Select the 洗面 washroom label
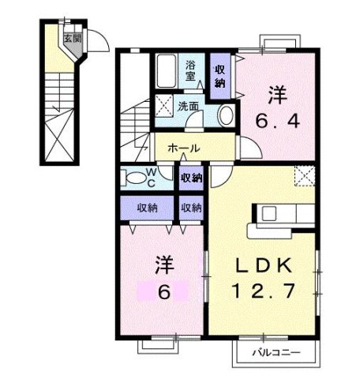(x=187, y=107)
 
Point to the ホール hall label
(x=183, y=148)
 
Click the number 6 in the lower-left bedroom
(x=164, y=291)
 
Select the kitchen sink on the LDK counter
(x=268, y=213)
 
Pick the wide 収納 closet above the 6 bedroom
(x=148, y=208)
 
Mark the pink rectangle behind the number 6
(x=164, y=291)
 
